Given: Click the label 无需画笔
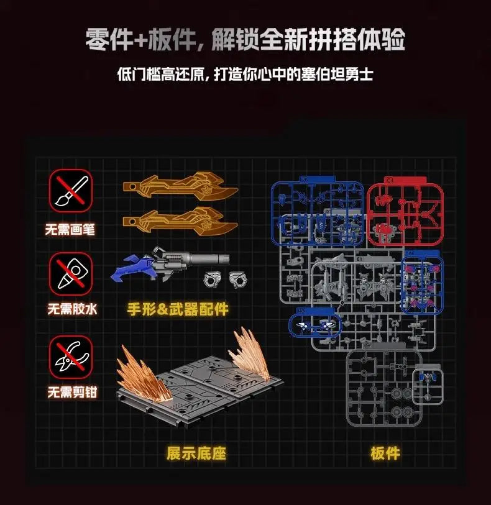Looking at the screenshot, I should pyautogui.click(x=70, y=229).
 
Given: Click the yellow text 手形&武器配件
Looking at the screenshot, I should pyautogui.click(x=178, y=309).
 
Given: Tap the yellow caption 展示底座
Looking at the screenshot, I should pyautogui.click(x=196, y=453).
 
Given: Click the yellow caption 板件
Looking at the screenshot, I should pyautogui.click(x=385, y=453).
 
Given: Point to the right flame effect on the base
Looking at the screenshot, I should pyautogui.click(x=252, y=354).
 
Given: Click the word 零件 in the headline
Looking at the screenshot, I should pyautogui.click(x=108, y=40).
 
